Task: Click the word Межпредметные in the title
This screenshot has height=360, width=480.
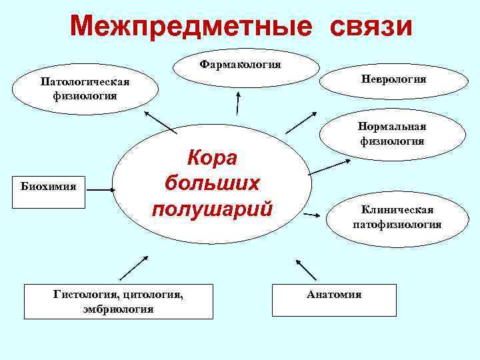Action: pyautogui.click(x=190, y=27)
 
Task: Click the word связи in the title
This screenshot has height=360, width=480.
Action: pyautogui.click(x=366, y=27)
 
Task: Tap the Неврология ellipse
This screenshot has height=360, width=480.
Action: pyautogui.click(x=394, y=79)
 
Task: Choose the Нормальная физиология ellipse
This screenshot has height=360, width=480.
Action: pyautogui.click(x=392, y=133)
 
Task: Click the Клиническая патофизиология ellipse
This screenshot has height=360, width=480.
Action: pyautogui.click(x=397, y=217)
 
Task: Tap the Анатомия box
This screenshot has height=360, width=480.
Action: pyautogui.click(x=334, y=299)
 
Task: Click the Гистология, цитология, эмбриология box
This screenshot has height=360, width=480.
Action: pyautogui.click(x=118, y=300)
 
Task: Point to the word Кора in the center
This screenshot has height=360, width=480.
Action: pyautogui.click(x=212, y=158)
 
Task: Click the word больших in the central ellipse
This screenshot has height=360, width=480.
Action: pyautogui.click(x=212, y=183)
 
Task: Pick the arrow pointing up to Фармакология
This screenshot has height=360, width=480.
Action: pyautogui.click(x=236, y=104)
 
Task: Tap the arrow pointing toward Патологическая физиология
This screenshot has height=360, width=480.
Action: pyautogui.click(x=160, y=123)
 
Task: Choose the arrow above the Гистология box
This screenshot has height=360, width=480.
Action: pyautogui.click(x=134, y=268)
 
